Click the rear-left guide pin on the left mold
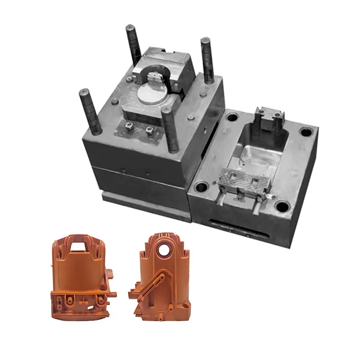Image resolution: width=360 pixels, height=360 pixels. click(133, 44)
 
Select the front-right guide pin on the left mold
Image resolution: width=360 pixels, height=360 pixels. click(170, 128)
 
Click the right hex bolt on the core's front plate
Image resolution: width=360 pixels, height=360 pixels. click(149, 130)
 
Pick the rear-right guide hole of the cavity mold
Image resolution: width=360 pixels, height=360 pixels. click(305, 133)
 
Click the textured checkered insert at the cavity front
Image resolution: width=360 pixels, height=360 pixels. click(247, 177)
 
